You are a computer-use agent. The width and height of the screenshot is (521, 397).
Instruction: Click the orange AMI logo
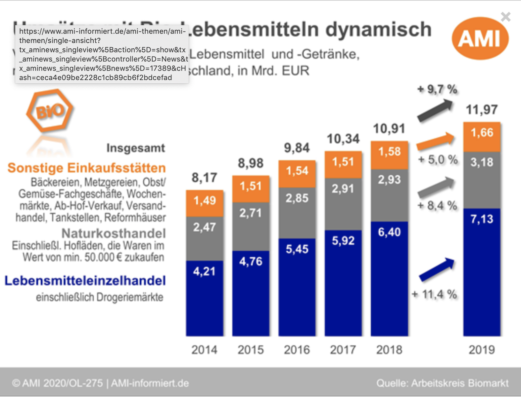(x=480, y=38)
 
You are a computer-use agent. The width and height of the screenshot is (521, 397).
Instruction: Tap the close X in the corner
(x=505, y=17)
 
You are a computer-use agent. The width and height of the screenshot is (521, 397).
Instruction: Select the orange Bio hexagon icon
(x=50, y=110)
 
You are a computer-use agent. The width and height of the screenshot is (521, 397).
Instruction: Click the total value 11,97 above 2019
(x=482, y=110)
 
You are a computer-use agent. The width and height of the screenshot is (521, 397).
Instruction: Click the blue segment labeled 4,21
(x=204, y=298)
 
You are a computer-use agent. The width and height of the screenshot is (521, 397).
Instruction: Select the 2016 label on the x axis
(x=297, y=350)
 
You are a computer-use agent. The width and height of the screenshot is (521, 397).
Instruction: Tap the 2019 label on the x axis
(x=482, y=350)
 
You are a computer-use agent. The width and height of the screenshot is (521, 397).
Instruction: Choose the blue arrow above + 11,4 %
(x=437, y=269)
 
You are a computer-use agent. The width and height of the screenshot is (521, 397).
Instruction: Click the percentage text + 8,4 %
(x=437, y=206)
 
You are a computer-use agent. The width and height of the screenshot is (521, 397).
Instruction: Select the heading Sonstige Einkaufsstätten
(x=87, y=168)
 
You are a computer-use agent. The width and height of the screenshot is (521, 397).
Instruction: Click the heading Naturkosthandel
(x=114, y=234)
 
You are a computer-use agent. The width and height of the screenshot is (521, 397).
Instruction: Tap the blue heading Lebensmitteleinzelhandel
(x=85, y=281)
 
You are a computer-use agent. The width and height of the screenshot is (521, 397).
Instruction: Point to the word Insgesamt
(x=136, y=148)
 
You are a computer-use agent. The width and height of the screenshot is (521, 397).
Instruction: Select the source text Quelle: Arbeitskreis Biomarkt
(x=442, y=383)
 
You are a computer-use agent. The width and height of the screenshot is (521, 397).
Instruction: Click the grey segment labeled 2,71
(x=251, y=227)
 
